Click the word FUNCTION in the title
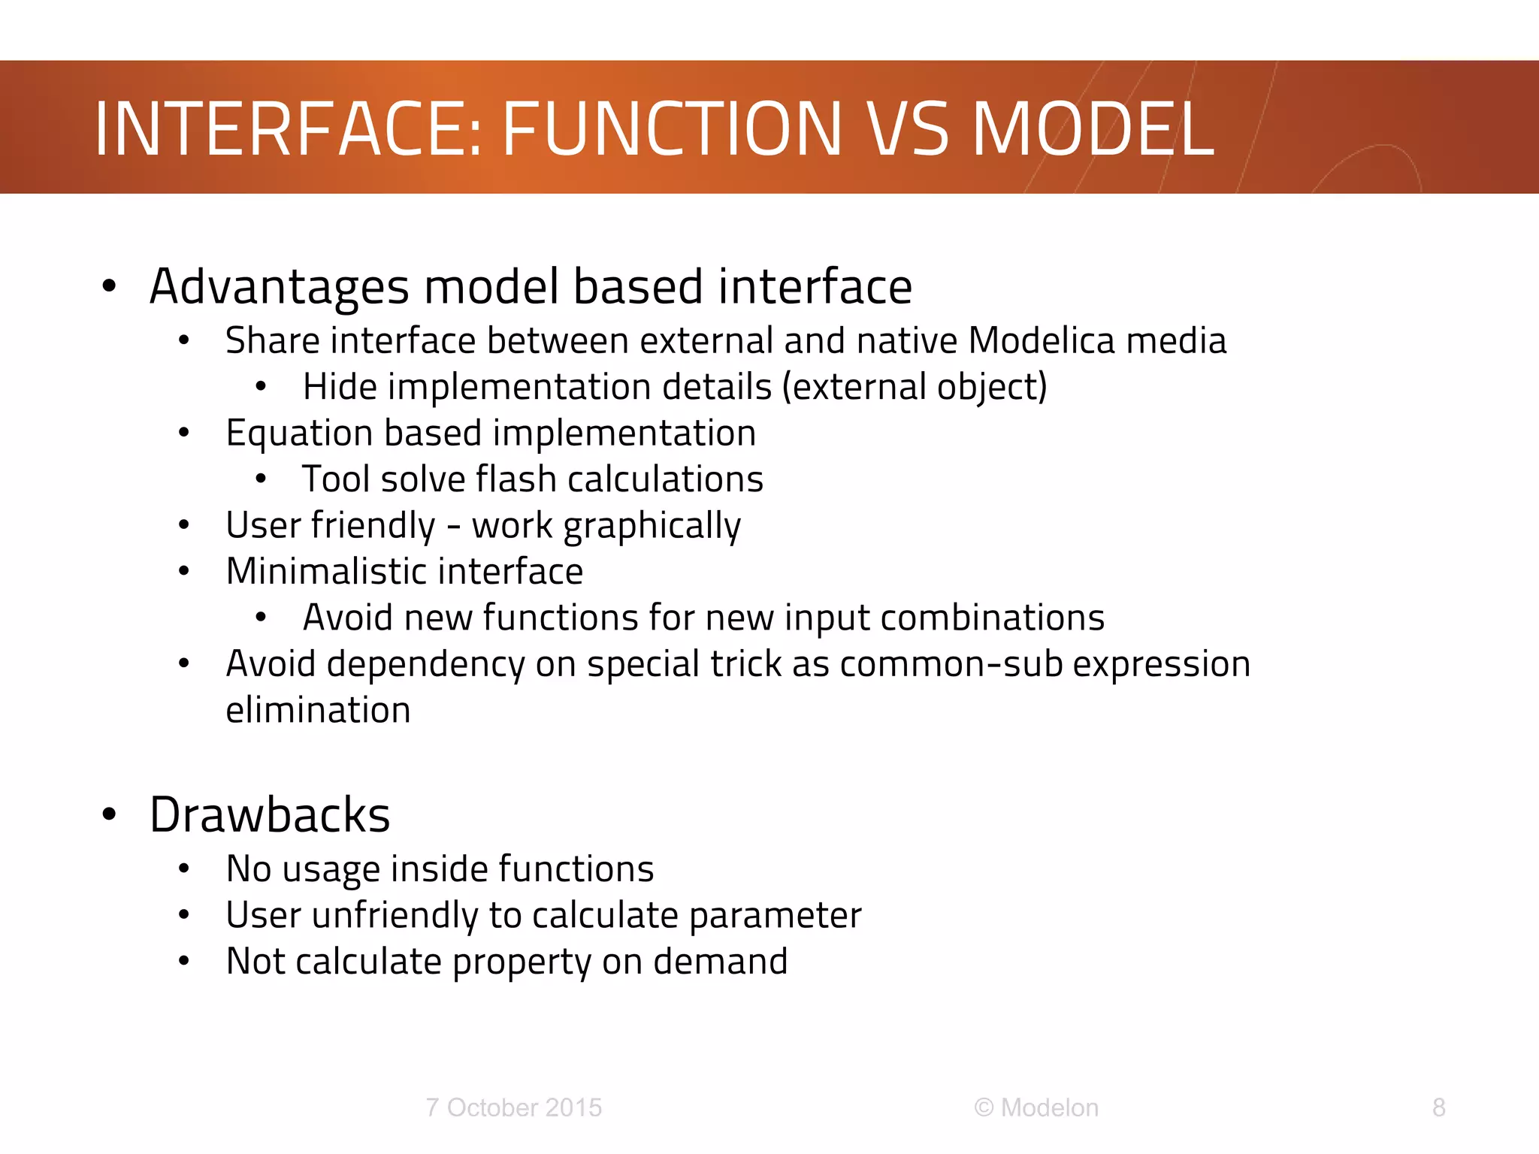pos(671,130)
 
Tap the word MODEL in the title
pos(1093,130)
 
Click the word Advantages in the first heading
pos(280,288)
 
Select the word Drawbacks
pos(270,815)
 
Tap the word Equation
pos(299,434)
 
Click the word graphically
pos(652,526)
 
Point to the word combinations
pos(991,618)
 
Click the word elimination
pos(318,710)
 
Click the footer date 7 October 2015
pos(513,1107)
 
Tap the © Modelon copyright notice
pos(1036,1107)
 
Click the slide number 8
pos(1438,1107)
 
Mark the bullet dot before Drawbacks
pos(110,814)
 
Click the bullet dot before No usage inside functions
pos(184,869)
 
